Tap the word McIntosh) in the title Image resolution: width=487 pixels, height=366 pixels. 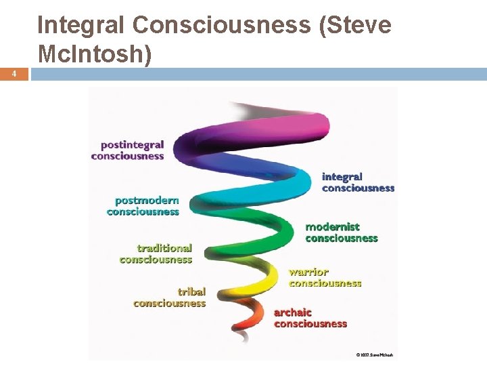94,54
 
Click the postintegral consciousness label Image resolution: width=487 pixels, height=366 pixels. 128,150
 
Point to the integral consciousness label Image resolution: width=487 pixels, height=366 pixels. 358,182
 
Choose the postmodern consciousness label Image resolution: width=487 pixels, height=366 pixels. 143,206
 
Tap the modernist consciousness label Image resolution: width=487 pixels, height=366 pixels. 341,232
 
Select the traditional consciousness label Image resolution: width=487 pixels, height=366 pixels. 156,253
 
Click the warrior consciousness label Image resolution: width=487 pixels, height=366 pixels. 325,278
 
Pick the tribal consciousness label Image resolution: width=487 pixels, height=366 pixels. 169,298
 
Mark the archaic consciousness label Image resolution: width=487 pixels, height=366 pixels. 310,318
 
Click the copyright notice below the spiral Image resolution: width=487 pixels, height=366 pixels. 374,354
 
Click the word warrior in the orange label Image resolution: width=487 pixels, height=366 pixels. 308,272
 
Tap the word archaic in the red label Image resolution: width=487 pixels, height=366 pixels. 293,312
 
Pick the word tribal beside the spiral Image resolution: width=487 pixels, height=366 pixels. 191,292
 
